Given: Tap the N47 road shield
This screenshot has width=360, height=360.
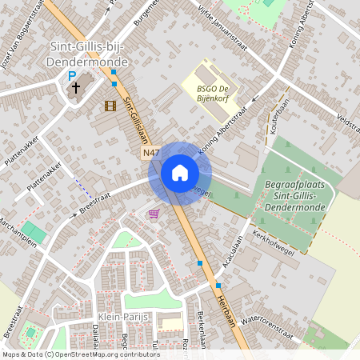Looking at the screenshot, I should [152, 153].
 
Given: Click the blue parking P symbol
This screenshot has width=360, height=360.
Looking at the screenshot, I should [71, 76].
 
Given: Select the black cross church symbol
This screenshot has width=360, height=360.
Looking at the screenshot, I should [77, 89].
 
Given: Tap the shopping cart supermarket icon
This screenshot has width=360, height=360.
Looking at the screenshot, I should [153, 214].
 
